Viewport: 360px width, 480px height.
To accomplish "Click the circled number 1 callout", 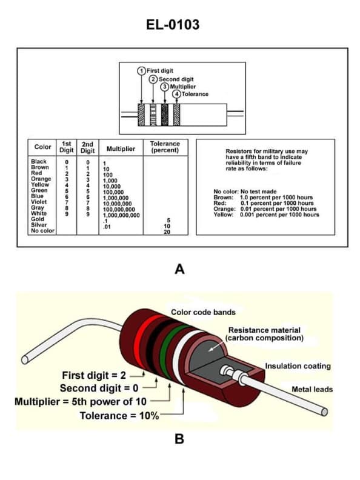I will coord(142,71).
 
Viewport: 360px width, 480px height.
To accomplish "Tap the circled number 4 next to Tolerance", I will coord(176,94).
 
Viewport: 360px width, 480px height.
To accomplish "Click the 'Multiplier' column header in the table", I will coord(121,148).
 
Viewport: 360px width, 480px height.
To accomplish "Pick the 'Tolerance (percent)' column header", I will coord(165,147).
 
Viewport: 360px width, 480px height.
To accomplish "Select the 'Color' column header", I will coord(42,147).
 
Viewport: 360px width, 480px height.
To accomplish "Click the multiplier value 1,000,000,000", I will coord(121,215).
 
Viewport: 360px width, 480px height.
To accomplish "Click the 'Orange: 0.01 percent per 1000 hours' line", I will coord(266,208).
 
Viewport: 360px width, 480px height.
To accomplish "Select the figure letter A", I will coord(179,269).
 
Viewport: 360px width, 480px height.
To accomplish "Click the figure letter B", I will coord(179,439).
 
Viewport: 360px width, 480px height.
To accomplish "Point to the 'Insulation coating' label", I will coord(298,366).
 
